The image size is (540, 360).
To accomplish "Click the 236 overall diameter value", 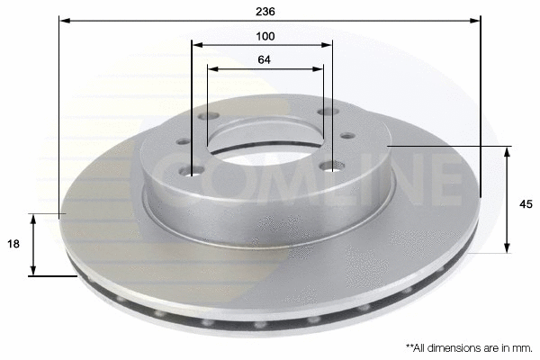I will click(x=265, y=12).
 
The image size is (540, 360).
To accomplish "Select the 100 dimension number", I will click(x=265, y=36).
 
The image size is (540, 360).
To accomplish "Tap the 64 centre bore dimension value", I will click(x=265, y=59).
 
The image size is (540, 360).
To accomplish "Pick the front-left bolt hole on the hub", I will click(x=193, y=171).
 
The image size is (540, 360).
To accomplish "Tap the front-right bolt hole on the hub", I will click(x=332, y=166).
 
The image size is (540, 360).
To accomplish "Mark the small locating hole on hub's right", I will click(x=346, y=136).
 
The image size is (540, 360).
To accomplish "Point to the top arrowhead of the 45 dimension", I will click(x=508, y=151).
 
